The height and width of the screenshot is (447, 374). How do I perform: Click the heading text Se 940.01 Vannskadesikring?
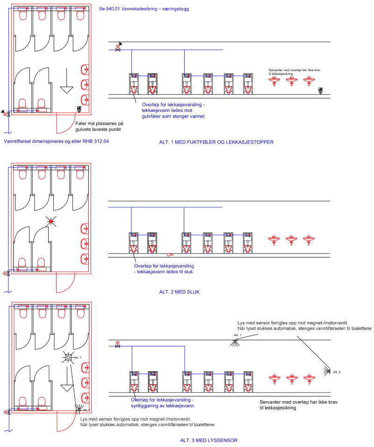[x=144, y=9]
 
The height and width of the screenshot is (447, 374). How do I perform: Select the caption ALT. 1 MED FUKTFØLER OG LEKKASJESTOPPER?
[x=216, y=141]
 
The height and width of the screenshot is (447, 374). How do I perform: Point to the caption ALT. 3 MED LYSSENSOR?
[x=209, y=440]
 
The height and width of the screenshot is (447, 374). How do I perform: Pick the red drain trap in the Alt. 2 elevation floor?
[x=170, y=255]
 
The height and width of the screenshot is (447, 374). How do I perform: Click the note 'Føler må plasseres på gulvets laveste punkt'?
[x=99, y=127]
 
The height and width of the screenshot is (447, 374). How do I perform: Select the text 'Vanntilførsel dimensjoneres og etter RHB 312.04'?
[x=56, y=141]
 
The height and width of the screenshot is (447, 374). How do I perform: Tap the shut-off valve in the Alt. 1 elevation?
[x=118, y=50]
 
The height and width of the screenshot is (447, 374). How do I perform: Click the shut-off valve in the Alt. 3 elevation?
[x=118, y=346]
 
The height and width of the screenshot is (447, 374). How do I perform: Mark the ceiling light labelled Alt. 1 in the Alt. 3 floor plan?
[x=68, y=358]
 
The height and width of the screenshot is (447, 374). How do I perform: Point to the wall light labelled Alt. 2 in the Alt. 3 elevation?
[x=327, y=371]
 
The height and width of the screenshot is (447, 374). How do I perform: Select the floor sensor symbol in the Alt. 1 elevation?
[x=320, y=90]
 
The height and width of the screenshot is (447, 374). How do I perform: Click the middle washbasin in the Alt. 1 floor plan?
[x=85, y=85]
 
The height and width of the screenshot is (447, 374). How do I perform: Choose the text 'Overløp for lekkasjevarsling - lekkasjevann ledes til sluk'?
[x=165, y=268]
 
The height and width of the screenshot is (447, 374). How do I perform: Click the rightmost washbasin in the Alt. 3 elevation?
[x=308, y=378]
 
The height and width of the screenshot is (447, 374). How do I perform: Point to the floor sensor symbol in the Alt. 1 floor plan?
[x=79, y=109]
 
